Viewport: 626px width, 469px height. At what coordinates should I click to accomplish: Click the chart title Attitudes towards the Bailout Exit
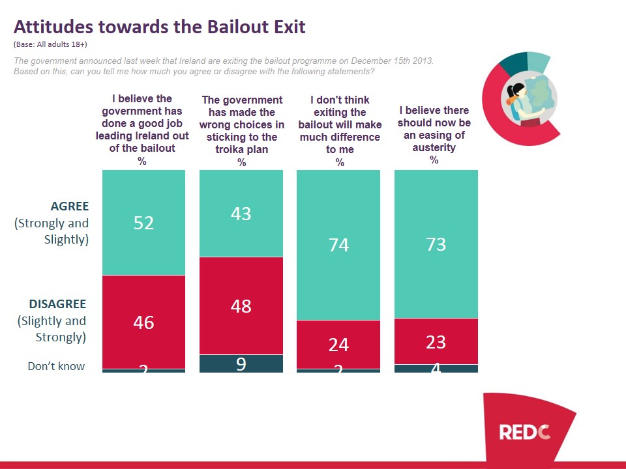(x=160, y=27)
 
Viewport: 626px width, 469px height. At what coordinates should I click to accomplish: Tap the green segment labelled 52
(x=143, y=222)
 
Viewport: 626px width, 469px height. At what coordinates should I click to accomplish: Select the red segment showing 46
(x=143, y=322)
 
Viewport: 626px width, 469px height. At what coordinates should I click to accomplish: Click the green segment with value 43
(x=241, y=214)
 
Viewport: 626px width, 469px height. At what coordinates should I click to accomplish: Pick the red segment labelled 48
(x=241, y=306)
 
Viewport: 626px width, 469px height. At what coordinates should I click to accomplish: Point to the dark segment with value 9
(x=241, y=363)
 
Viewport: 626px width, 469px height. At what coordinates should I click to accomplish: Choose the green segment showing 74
(x=338, y=245)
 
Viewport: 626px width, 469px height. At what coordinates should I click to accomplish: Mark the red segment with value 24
(x=338, y=345)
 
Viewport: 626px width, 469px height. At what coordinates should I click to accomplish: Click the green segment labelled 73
(x=436, y=244)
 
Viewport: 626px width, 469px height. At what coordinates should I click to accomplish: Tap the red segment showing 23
(x=436, y=341)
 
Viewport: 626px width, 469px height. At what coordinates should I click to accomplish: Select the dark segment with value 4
(x=436, y=369)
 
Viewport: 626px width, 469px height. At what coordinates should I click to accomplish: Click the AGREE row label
(x=69, y=206)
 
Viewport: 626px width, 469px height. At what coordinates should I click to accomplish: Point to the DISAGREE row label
(x=57, y=304)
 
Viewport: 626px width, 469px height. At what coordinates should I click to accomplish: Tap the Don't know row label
(x=56, y=366)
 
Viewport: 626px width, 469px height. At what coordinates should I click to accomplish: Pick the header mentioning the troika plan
(x=242, y=124)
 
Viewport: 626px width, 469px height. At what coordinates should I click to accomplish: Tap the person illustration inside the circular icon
(x=518, y=98)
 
